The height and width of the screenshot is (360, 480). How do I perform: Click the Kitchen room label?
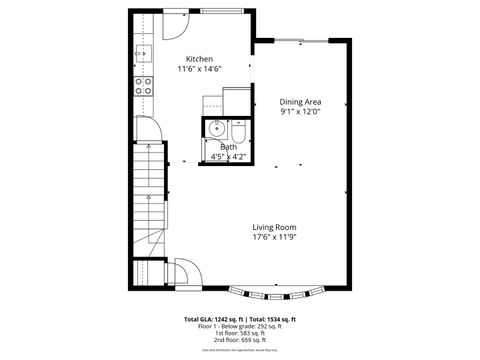coord(199,59)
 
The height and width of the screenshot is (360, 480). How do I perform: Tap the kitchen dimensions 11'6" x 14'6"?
coord(199,69)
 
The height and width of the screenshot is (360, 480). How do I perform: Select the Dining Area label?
coord(300,102)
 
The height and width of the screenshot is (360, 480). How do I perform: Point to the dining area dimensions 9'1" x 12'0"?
coord(300,112)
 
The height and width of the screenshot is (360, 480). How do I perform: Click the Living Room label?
coord(274,227)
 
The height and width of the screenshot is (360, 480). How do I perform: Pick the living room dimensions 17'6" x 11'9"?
coord(274,237)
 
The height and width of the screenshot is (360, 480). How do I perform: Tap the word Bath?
coord(228,147)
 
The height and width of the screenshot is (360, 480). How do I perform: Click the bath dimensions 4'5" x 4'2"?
coord(228,156)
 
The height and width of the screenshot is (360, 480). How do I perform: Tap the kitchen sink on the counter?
coord(143,54)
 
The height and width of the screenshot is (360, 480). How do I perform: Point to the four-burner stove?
coord(143,85)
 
